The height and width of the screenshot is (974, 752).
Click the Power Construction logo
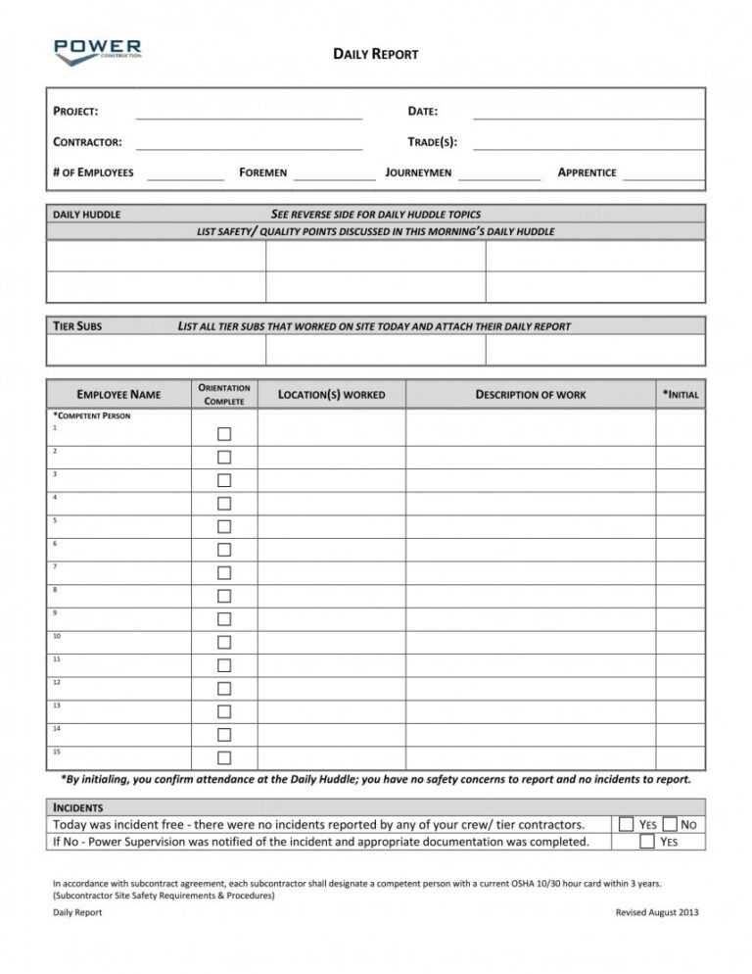pyautogui.click(x=98, y=51)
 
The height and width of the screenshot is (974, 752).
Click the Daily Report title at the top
pyautogui.click(x=376, y=54)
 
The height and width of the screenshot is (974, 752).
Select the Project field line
pyautogui.click(x=249, y=116)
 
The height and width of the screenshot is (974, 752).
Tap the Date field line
pyautogui.click(x=587, y=116)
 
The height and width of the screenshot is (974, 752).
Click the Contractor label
pyautogui.click(x=87, y=142)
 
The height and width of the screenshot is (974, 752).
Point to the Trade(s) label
pyautogui.click(x=432, y=142)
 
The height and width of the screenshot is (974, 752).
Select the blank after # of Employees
pyautogui.click(x=185, y=176)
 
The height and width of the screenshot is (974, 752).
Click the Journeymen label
pyautogui.click(x=418, y=172)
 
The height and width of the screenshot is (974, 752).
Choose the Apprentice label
pyautogui.click(x=587, y=172)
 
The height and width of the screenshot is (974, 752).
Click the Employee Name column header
pyautogui.click(x=118, y=395)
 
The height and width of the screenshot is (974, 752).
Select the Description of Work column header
pyautogui.click(x=530, y=395)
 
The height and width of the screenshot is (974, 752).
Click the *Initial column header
pyautogui.click(x=680, y=394)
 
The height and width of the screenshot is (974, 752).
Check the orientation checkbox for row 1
pyautogui.click(x=224, y=434)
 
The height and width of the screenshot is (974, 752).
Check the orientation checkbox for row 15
pyautogui.click(x=224, y=757)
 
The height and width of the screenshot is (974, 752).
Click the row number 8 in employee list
pyautogui.click(x=55, y=590)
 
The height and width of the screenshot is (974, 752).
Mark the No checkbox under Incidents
pyautogui.click(x=670, y=824)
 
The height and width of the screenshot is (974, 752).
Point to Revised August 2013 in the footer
pyautogui.click(x=656, y=912)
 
